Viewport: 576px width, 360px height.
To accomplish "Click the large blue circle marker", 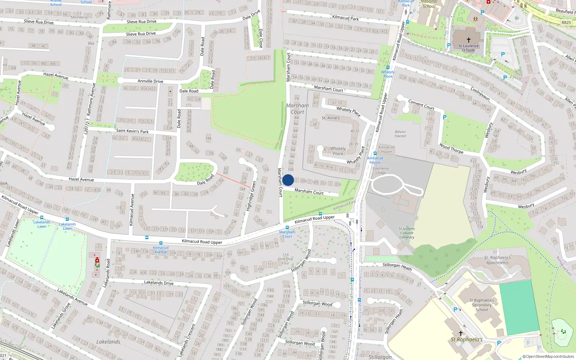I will point(288,180).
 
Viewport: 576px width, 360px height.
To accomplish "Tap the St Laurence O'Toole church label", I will point(468,48).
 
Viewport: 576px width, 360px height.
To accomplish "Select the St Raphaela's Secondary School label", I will point(482,305).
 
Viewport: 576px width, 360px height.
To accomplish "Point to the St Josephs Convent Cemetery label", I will point(407,233).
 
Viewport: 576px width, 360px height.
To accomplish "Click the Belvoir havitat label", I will point(400,134).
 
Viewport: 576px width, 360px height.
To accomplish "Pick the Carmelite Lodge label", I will point(381,170).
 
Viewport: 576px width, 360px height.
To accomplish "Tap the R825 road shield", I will point(566,22).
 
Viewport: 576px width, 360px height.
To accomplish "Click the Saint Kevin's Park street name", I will point(132,131).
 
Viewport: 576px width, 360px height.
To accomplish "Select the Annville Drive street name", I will point(150,81).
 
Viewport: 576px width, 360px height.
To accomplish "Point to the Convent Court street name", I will point(421,105).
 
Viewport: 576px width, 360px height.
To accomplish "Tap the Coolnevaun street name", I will point(480,93).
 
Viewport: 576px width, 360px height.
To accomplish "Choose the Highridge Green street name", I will point(251,196).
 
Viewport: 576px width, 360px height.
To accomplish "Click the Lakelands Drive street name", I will point(159,283).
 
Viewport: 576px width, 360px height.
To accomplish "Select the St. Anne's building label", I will point(330,118).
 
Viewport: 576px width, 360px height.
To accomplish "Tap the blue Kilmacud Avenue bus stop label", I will point(161,249).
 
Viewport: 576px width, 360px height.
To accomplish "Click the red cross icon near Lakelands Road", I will point(97,260).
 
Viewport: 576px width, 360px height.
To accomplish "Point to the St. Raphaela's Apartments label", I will point(498,260).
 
